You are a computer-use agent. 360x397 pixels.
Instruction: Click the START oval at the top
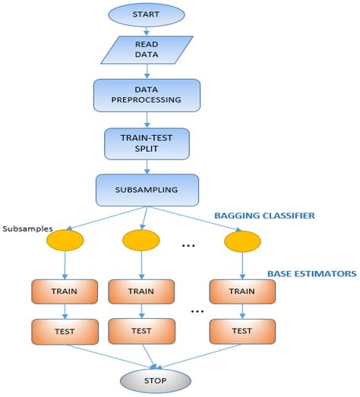point(147,14)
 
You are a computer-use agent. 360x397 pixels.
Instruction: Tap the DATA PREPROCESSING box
point(147,94)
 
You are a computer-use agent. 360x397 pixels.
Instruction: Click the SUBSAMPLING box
point(147,190)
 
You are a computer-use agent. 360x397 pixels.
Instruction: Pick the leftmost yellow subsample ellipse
point(65,241)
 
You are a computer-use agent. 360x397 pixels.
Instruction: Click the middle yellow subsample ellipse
point(141,241)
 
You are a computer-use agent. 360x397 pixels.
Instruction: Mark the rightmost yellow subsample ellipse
point(242,241)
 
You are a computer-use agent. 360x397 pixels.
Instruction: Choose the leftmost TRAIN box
point(65,291)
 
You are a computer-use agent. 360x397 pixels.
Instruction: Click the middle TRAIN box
point(141,291)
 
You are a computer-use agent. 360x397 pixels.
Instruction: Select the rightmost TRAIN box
point(242,291)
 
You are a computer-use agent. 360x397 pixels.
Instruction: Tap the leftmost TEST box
point(65,330)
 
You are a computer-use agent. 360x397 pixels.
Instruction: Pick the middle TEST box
point(141,330)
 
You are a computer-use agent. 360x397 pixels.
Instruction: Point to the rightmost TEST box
point(242,330)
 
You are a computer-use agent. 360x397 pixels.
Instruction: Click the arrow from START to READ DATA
point(147,30)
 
